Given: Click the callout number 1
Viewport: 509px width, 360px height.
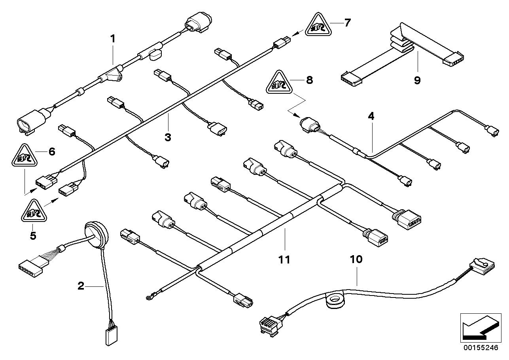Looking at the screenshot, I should [113, 39].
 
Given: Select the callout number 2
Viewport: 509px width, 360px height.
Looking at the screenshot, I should [81, 286].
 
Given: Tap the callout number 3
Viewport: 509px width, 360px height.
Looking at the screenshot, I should [168, 137].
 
